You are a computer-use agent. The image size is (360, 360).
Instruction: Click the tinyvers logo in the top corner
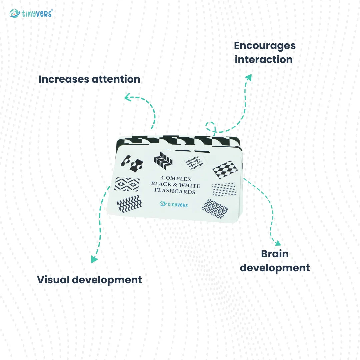click(x=31, y=13)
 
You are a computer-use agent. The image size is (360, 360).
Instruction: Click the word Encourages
click(x=265, y=46)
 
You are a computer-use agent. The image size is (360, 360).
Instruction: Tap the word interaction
click(x=264, y=60)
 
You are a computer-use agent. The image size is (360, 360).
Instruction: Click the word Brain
click(x=275, y=254)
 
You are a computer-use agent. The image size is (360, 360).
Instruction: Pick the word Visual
click(x=53, y=280)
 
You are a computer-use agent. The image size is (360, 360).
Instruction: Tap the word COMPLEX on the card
click(x=176, y=178)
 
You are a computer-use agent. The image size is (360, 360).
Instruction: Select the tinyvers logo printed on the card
click(x=174, y=204)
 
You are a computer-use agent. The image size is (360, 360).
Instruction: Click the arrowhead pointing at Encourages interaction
click(x=248, y=77)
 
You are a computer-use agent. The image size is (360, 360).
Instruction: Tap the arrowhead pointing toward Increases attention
click(x=127, y=97)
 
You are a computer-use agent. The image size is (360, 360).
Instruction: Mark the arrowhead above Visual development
click(x=94, y=259)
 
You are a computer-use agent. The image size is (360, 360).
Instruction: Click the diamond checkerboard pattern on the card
click(x=225, y=170)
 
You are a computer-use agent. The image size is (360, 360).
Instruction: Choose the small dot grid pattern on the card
click(x=224, y=189)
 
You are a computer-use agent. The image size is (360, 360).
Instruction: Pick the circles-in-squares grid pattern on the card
click(x=215, y=209)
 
